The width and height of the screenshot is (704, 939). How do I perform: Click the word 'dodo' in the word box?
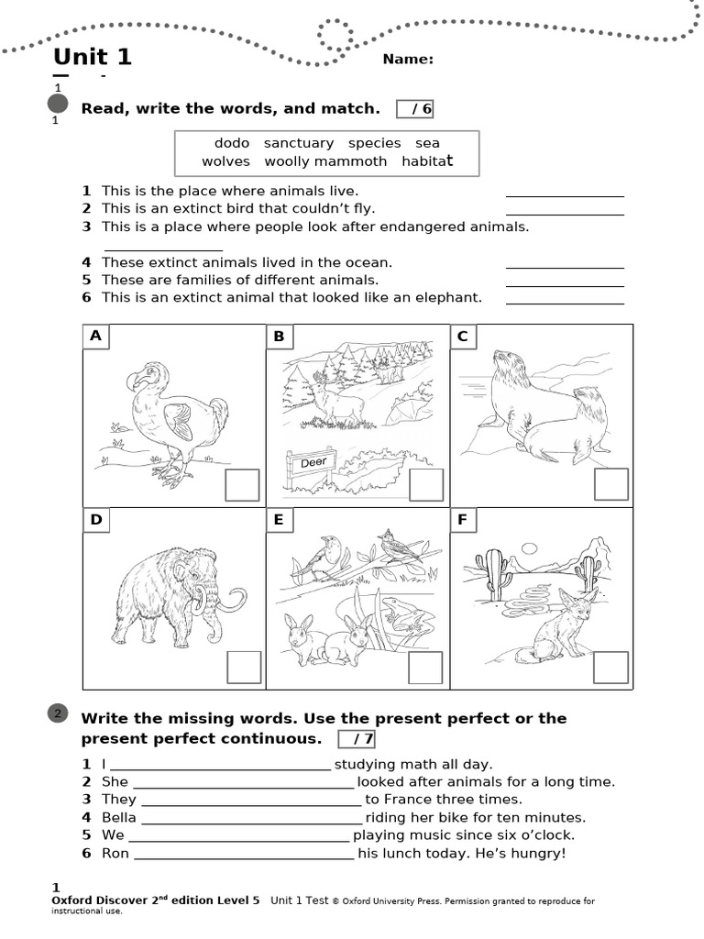[x=232, y=143]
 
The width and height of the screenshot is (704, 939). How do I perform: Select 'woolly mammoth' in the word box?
[x=325, y=161]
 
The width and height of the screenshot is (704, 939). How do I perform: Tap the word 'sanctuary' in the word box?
[x=299, y=143]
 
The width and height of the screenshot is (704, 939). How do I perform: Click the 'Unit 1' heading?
[x=93, y=57]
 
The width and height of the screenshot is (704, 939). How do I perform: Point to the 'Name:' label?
[x=408, y=60]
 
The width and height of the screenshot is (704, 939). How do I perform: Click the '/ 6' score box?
[x=415, y=109]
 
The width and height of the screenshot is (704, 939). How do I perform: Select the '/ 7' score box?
[x=357, y=739]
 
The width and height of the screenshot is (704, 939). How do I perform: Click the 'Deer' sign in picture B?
[x=313, y=463]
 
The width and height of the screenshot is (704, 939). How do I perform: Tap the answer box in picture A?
[x=243, y=484]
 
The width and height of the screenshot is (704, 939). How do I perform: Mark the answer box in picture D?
[x=243, y=668]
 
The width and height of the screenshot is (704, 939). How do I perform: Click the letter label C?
[x=463, y=337]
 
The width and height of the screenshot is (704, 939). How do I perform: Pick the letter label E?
[x=279, y=520]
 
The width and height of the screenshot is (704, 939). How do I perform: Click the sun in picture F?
[x=529, y=548]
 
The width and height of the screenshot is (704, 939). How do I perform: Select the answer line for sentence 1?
[x=565, y=195]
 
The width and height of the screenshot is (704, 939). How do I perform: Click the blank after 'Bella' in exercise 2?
[x=252, y=818]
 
